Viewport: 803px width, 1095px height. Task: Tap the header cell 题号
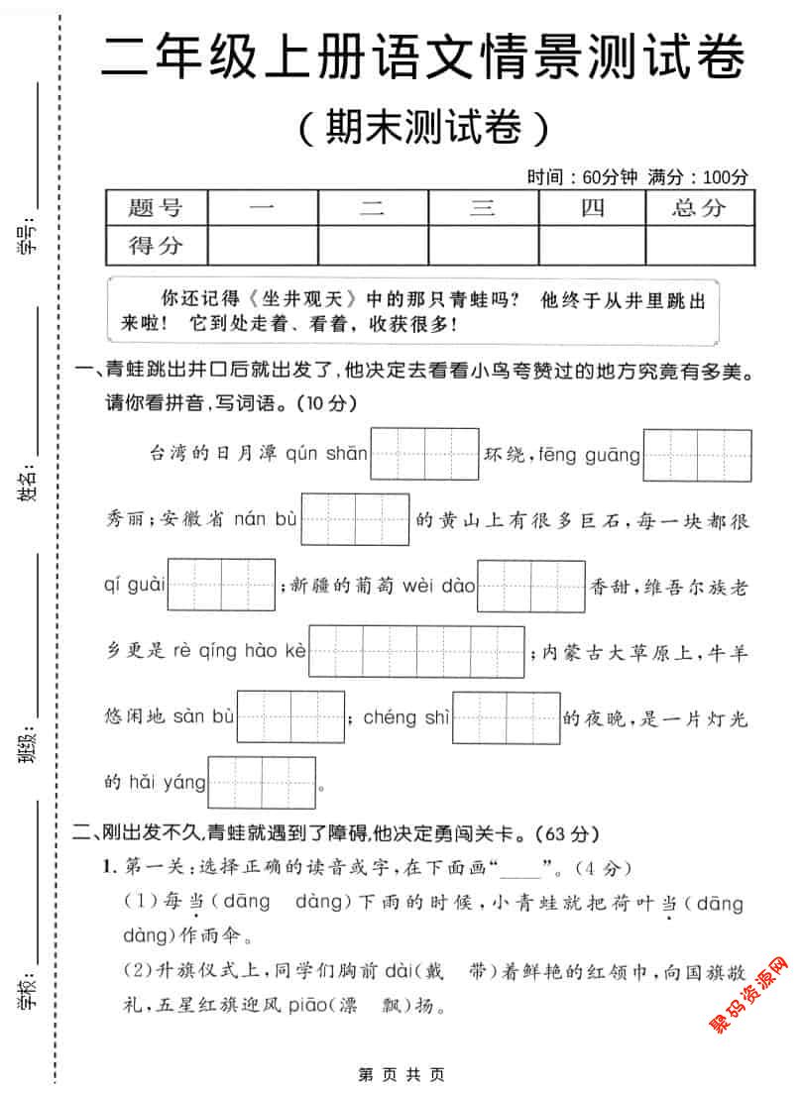(x=156, y=208)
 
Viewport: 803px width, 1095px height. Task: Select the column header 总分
(x=699, y=208)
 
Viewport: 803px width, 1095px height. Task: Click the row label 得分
(x=156, y=246)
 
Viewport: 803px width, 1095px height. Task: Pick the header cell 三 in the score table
(x=483, y=208)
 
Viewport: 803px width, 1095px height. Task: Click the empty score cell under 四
(x=592, y=246)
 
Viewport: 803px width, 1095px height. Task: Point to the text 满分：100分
(x=698, y=177)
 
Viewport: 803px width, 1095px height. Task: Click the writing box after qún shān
(x=425, y=455)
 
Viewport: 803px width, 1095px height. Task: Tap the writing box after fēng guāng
(x=697, y=455)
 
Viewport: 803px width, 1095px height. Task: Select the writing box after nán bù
(x=355, y=519)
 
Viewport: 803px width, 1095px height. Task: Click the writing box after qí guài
(x=221, y=585)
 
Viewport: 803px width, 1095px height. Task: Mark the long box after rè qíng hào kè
(x=417, y=651)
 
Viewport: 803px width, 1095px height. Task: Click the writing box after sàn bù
(x=290, y=717)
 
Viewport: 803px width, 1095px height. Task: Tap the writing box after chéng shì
(x=507, y=717)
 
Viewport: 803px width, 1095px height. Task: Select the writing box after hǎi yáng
(x=262, y=783)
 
